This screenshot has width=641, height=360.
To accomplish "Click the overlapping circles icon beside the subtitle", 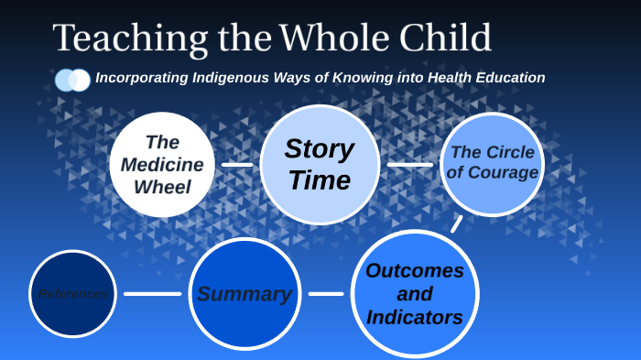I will [72, 80].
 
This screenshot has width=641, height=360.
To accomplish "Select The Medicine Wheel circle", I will [162, 165].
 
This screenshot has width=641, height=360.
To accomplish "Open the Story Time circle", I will [320, 165].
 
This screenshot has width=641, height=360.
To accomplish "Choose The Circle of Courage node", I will [493, 164].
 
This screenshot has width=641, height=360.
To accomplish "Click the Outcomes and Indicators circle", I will [415, 294].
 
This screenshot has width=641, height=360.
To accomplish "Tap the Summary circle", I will [244, 294].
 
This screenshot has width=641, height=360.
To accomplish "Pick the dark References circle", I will [72, 294].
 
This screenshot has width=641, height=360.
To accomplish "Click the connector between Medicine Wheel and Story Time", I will [237, 165].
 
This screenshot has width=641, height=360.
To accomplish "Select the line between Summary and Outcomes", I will [326, 294].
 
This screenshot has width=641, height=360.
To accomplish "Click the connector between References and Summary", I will [152, 294].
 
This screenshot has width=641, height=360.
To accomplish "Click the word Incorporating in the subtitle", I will [142, 78].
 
